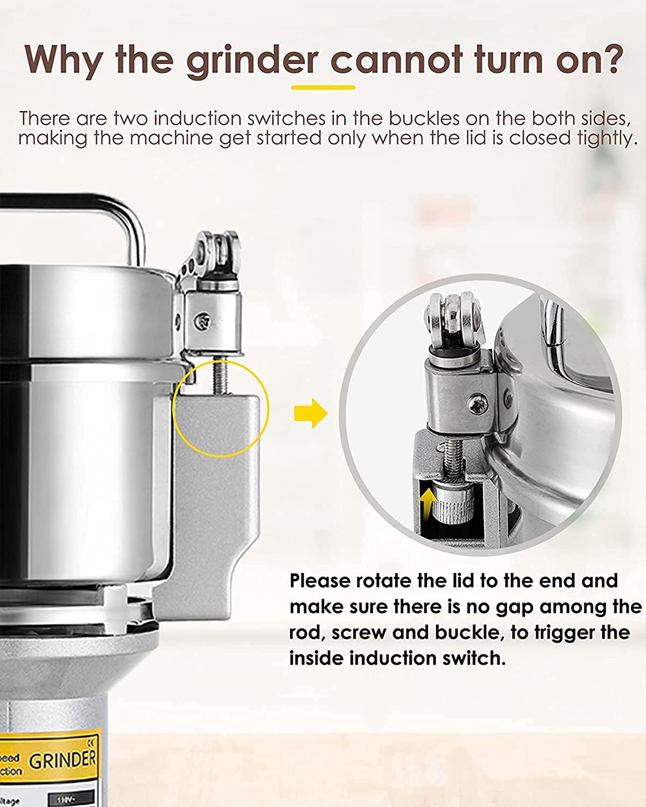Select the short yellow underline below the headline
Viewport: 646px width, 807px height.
click(x=323, y=87)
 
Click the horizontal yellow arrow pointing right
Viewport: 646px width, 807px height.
click(x=311, y=413)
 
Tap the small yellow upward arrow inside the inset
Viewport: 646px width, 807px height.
click(x=428, y=504)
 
